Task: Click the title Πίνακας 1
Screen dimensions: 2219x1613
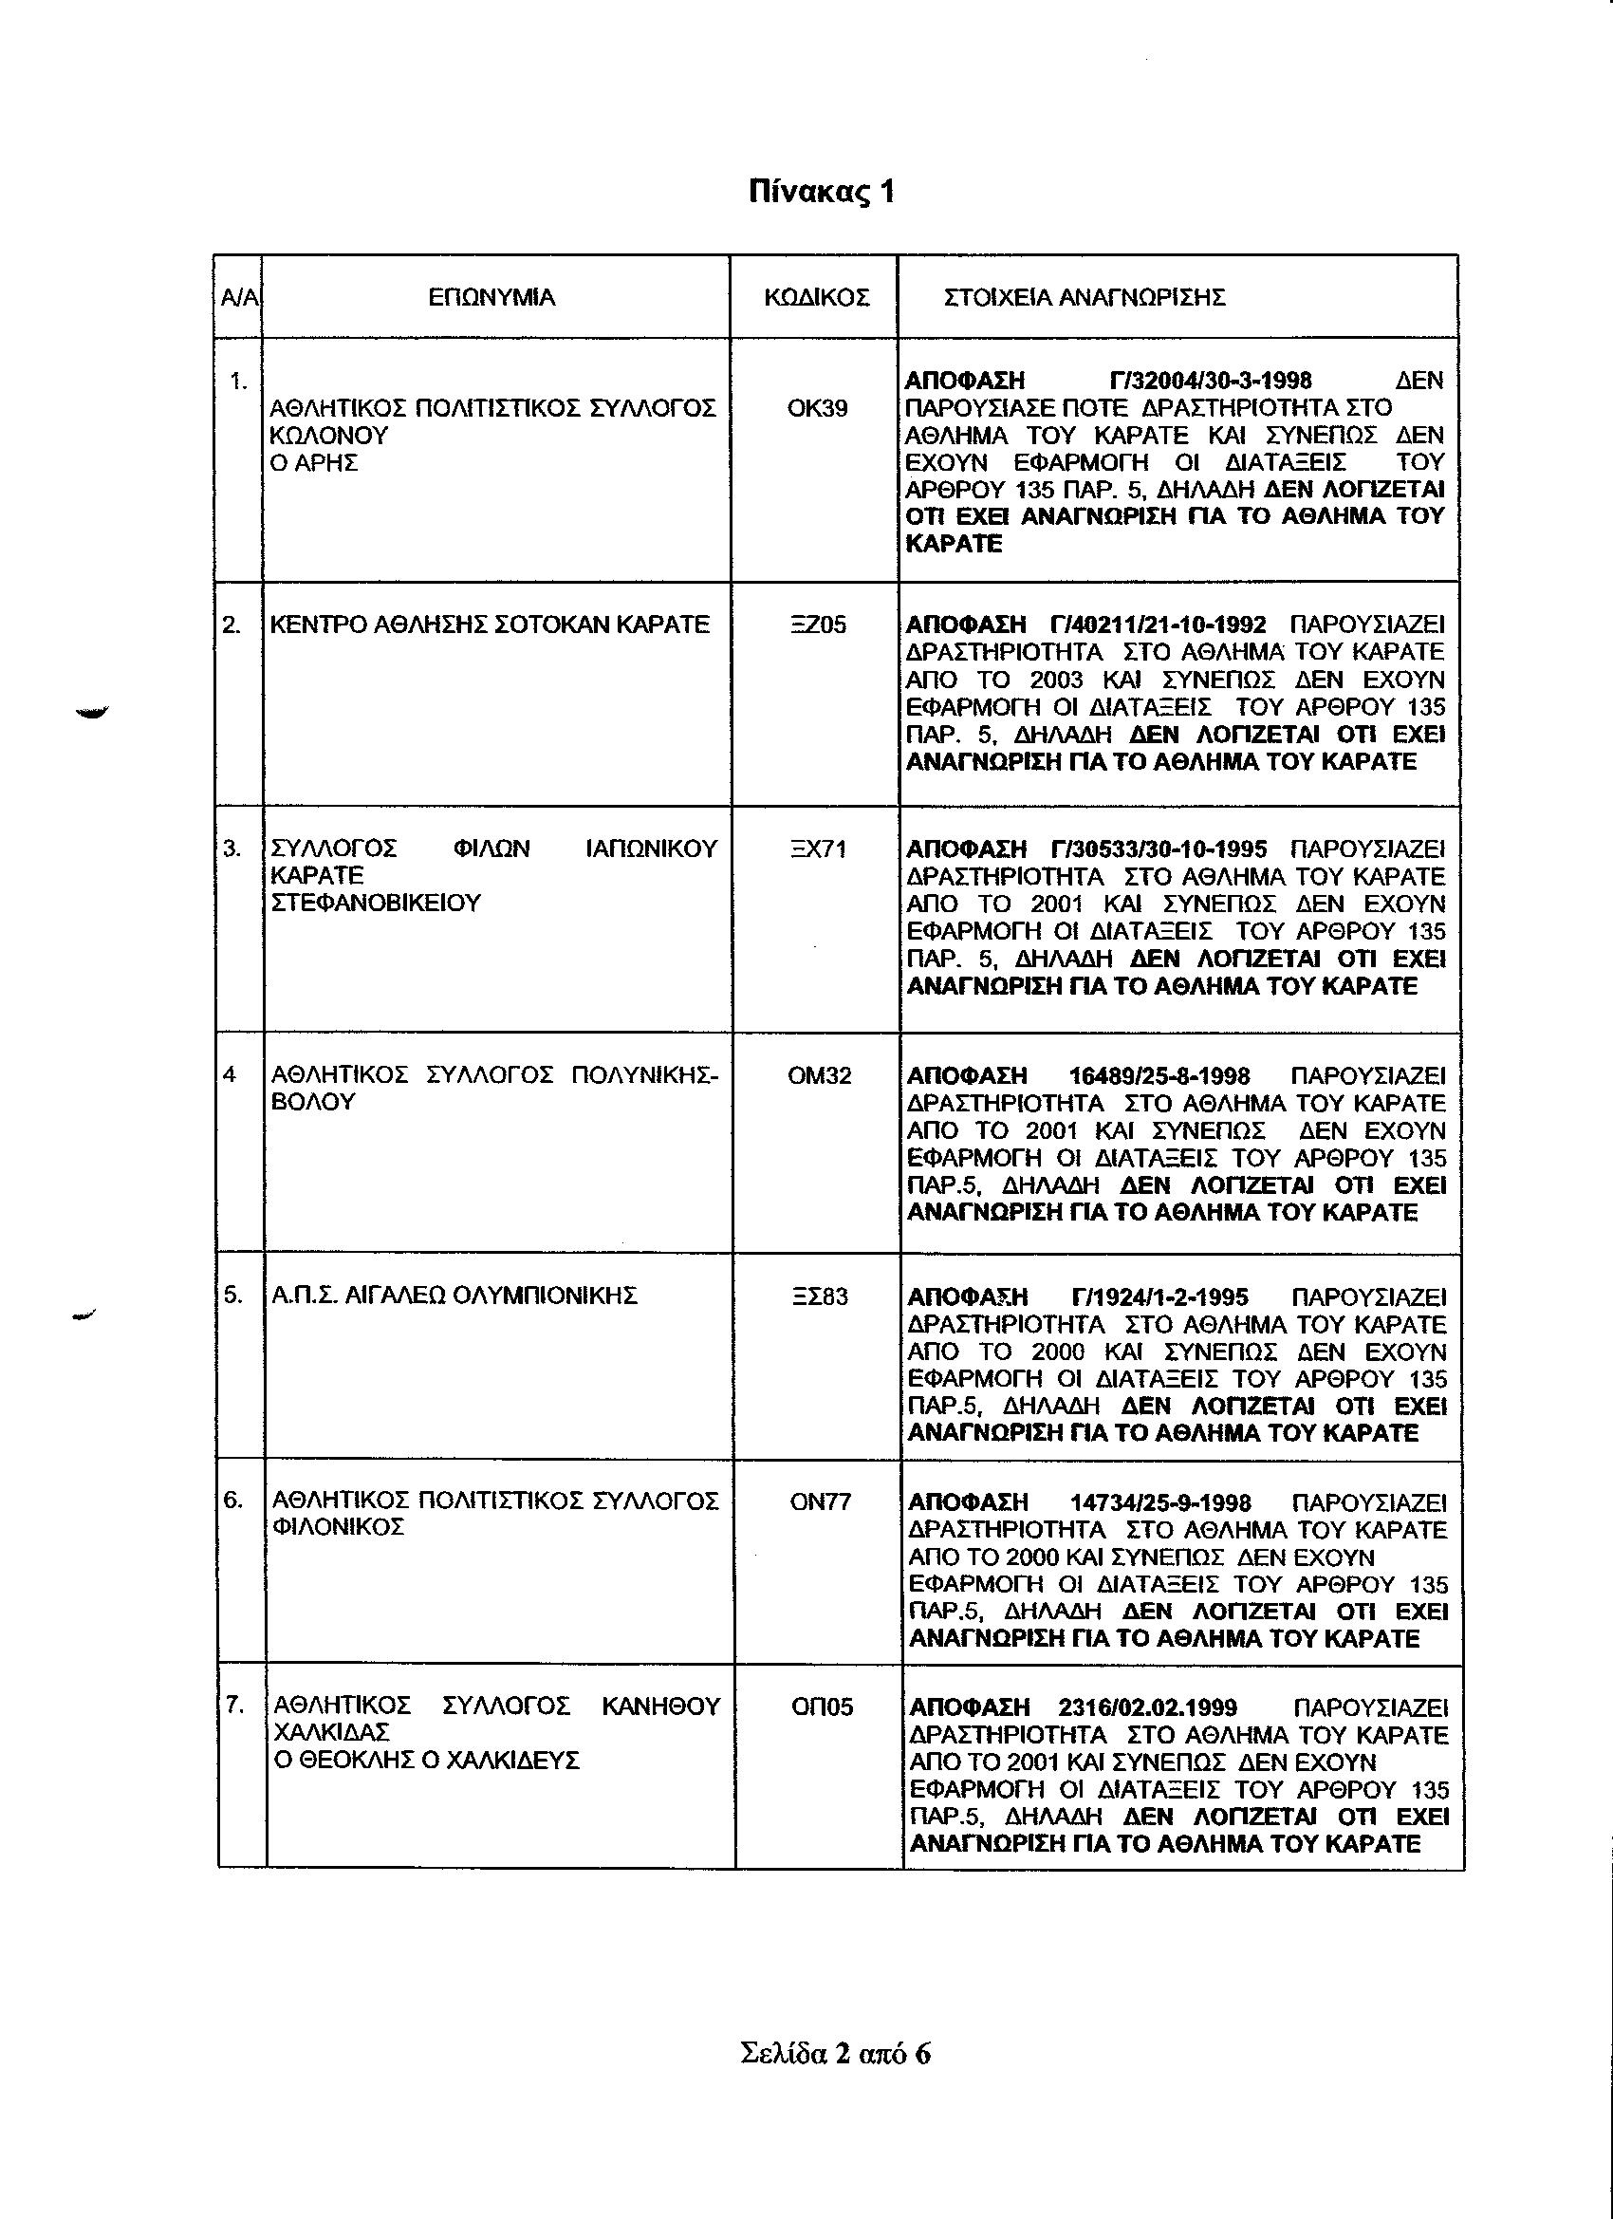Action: pyautogui.click(x=821, y=192)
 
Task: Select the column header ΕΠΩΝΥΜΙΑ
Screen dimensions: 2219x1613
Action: pyautogui.click(x=492, y=297)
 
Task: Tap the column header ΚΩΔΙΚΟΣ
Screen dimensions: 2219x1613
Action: pyautogui.click(x=816, y=297)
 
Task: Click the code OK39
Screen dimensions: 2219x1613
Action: pyautogui.click(x=817, y=409)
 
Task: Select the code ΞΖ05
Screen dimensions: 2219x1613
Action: pyautogui.click(x=818, y=625)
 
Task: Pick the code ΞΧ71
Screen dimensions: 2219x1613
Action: pyautogui.click(x=818, y=849)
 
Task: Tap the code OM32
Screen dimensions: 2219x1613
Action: pyautogui.click(x=819, y=1076)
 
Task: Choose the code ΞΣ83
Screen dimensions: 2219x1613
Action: pyautogui.click(x=820, y=1297)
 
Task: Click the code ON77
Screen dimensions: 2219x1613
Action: pyautogui.click(x=820, y=1501)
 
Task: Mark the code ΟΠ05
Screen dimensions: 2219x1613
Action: pyautogui.click(x=821, y=1707)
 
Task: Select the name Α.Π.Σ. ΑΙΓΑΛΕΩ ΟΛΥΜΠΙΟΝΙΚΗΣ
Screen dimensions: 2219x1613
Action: pyautogui.click(x=454, y=1296)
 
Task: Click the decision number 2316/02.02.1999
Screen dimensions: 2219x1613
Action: pyautogui.click(x=1147, y=1708)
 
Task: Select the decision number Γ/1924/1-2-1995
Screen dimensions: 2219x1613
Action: pyautogui.click(x=1160, y=1297)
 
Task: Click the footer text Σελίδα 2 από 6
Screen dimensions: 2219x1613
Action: pyautogui.click(x=835, y=2053)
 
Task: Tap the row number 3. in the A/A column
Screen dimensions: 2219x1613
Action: pyautogui.click(x=232, y=849)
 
